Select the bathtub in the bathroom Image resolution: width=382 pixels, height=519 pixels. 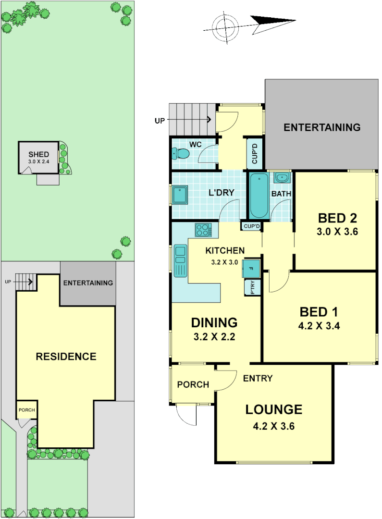tap(259, 196)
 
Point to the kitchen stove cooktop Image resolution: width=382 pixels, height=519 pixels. tap(203, 230)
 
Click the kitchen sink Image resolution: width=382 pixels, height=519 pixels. tap(181, 260)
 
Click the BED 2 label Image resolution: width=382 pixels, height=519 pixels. tap(337, 218)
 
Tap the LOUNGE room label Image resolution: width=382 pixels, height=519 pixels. tap(274, 409)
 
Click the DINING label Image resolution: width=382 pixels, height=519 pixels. tap(214, 322)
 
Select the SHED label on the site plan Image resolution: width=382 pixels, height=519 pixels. tap(38, 154)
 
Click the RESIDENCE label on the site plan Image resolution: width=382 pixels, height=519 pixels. tap(66, 357)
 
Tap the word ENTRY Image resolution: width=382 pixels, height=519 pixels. tap(258, 378)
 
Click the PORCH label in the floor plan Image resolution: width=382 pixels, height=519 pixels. tap(193, 384)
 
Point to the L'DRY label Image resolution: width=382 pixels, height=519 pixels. tap(221, 193)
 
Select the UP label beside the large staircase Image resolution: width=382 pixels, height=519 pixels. tap(159, 121)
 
